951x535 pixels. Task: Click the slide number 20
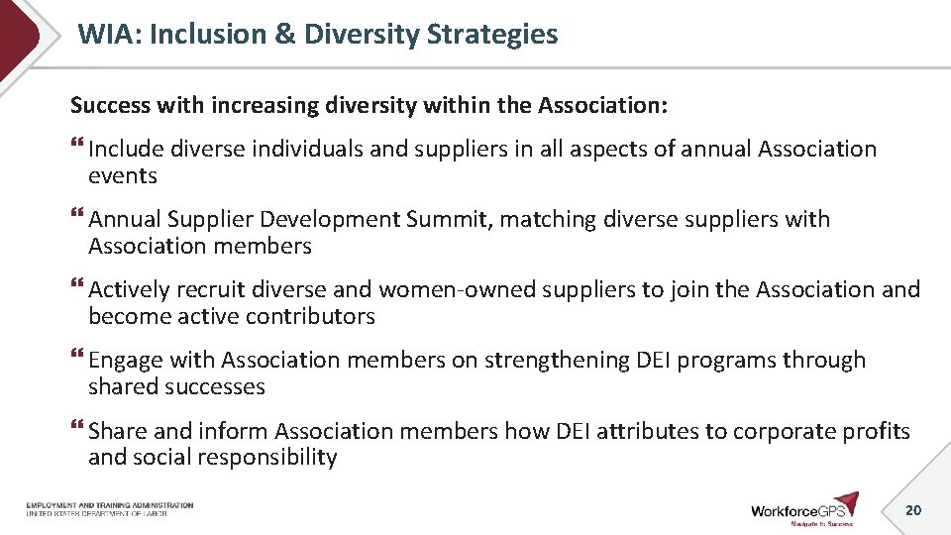click(x=913, y=510)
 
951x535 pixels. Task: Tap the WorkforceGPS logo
click(x=803, y=509)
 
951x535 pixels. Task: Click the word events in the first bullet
click(x=123, y=176)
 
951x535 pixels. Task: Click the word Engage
click(x=125, y=361)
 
